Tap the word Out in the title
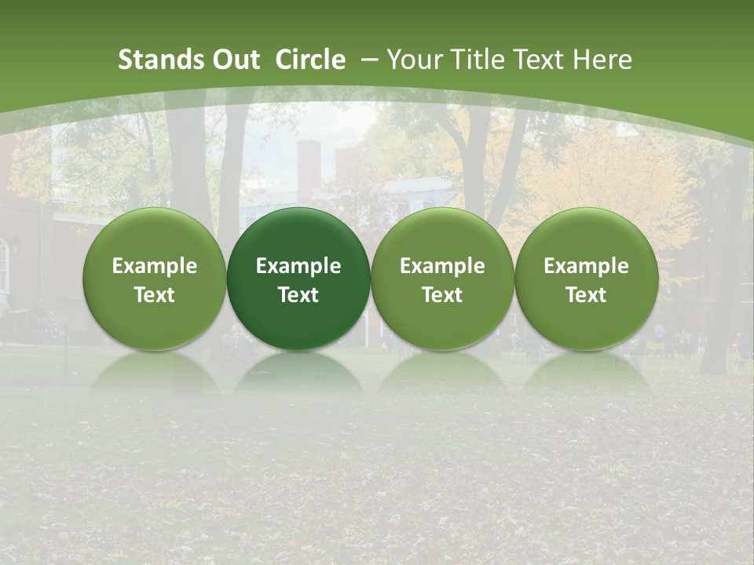233,60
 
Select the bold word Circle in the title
310,60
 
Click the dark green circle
298,279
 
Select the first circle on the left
155,279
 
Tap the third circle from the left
442,279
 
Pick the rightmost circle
586,279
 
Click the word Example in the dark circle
298,266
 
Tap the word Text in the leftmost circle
155,295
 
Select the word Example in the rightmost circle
586,266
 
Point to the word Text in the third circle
442,295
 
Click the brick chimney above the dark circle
308,169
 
